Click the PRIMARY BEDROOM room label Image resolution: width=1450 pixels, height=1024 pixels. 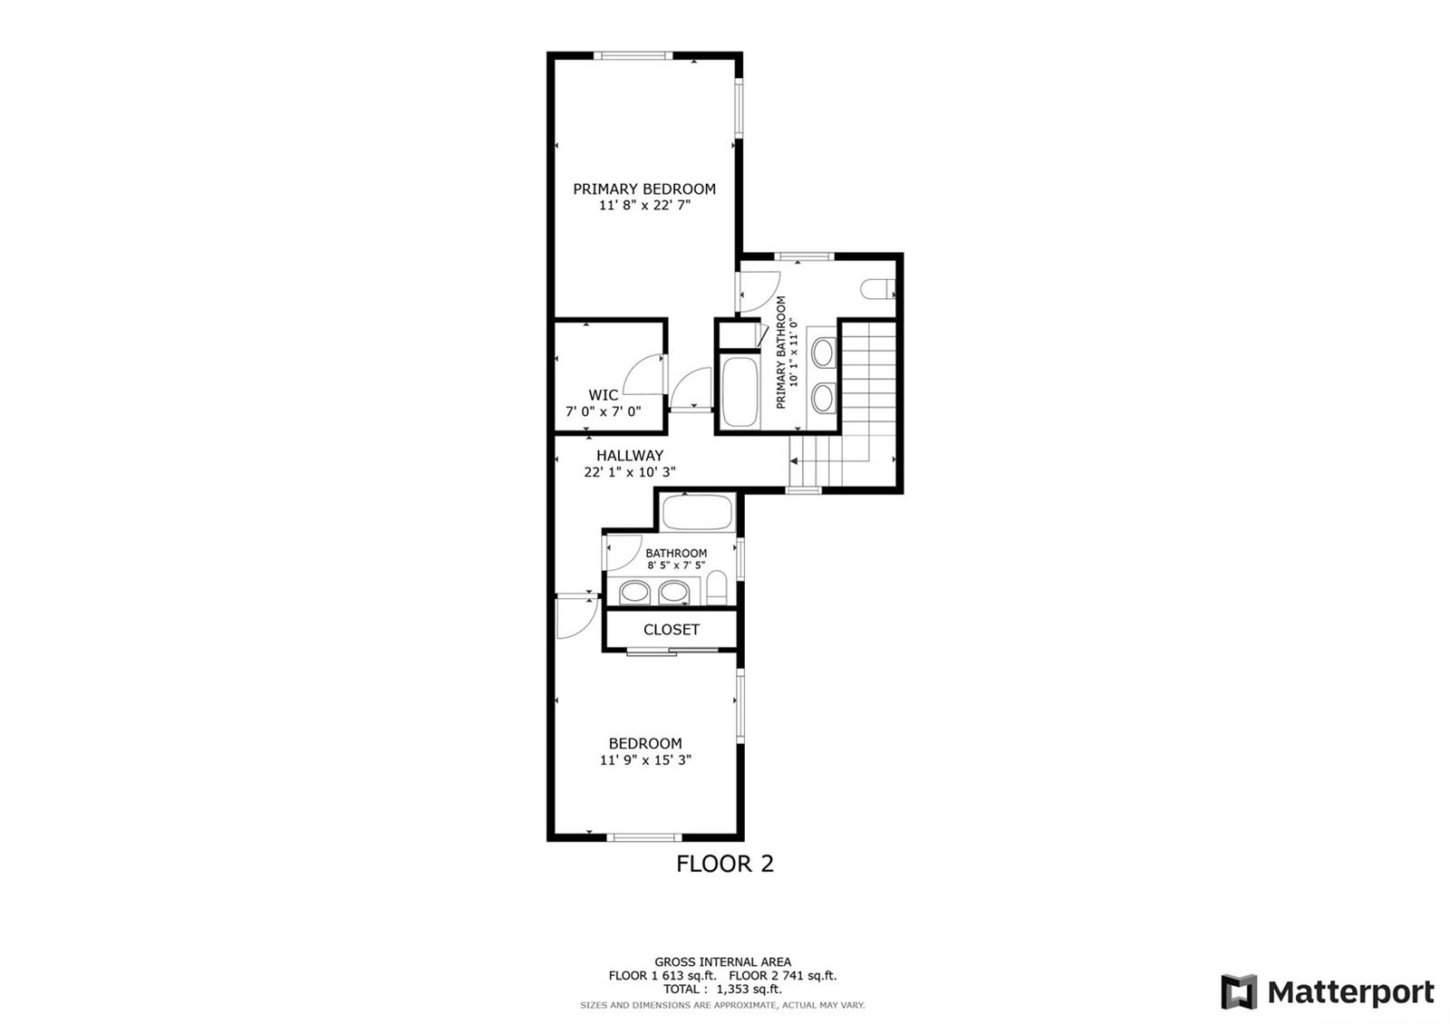[x=644, y=189]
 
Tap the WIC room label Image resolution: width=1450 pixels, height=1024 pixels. [x=603, y=395]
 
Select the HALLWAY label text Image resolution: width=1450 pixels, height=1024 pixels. [x=630, y=456]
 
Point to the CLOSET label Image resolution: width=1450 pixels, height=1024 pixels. [x=672, y=630]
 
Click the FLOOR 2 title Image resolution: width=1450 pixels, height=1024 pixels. [x=725, y=864]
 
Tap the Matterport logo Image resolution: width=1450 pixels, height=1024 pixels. [x=1327, y=991]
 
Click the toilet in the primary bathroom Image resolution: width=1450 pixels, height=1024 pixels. [x=878, y=289]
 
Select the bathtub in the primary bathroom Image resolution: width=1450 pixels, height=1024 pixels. [x=739, y=391]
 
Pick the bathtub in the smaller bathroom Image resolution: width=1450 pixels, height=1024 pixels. [x=697, y=513]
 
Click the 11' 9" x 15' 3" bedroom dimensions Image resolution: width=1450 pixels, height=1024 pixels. [x=645, y=760]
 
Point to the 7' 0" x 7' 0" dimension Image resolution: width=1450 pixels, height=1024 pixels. [x=604, y=411]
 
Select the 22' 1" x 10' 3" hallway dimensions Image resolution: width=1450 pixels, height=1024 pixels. [x=630, y=472]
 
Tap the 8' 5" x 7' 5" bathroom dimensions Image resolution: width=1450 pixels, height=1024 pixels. [x=676, y=565]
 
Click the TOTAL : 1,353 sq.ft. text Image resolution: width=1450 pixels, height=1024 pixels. [x=722, y=989]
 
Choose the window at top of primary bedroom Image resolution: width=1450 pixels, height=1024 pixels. [x=633, y=55]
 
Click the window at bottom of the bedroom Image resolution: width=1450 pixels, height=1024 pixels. [x=644, y=837]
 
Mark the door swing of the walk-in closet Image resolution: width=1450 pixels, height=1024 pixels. [x=643, y=374]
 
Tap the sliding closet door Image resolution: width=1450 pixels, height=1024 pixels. [x=672, y=650]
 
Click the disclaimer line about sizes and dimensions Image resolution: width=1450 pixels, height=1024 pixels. [x=722, y=1005]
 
